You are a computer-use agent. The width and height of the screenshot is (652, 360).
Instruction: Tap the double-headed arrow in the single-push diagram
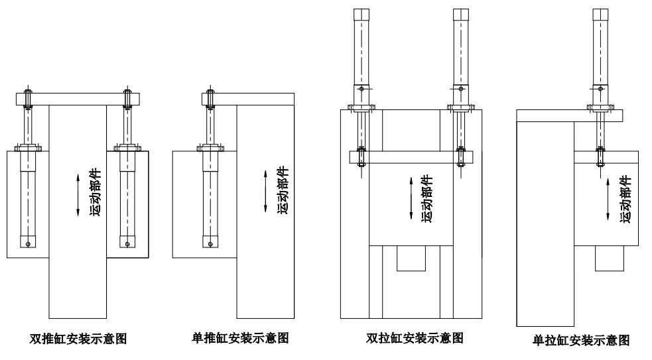coord(265,192)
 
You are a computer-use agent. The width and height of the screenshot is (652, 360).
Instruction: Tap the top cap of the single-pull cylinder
coord(600,16)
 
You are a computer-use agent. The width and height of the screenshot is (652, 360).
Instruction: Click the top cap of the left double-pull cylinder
coord(361,16)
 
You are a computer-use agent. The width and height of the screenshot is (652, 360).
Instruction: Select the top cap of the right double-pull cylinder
coord(461,16)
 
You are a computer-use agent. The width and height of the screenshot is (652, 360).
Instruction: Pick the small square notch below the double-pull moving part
coord(411,258)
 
